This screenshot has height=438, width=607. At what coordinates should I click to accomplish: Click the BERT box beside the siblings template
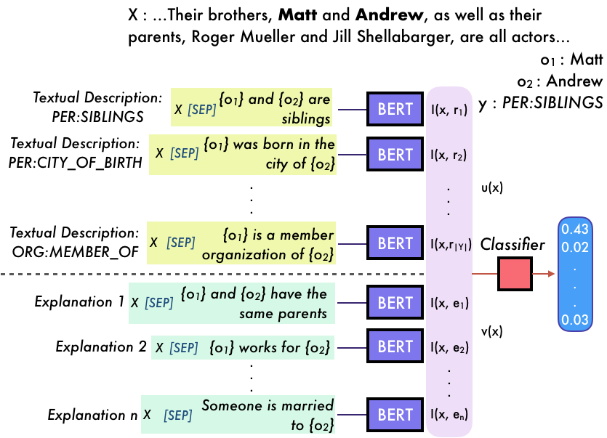pos(395,110)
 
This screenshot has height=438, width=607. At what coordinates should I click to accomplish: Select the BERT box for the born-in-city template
pos(395,154)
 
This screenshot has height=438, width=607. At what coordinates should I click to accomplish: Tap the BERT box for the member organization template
pos(395,243)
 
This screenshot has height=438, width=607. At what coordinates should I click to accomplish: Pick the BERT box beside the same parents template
pos(395,303)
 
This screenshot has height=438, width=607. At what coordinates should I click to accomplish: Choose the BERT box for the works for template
pos(395,346)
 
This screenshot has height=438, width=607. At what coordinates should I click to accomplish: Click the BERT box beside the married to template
pos(395,415)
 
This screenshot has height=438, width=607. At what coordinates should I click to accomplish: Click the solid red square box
pos(515,274)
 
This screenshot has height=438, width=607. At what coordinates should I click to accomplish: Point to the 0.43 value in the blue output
pos(575,230)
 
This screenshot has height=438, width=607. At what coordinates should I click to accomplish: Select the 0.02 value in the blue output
pos(575,247)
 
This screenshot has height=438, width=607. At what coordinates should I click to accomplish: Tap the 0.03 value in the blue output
pos(575,320)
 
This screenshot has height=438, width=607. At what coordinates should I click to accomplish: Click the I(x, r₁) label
pos(448,110)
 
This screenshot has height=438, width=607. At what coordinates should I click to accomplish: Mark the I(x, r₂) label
pos(448,155)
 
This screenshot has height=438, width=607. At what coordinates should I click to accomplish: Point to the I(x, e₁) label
pos(448,304)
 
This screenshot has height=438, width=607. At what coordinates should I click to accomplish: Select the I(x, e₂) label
pos(448,347)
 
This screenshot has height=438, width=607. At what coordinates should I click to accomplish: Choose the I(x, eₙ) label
pos(448,415)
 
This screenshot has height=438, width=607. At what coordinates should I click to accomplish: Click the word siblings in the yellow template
pos(306,119)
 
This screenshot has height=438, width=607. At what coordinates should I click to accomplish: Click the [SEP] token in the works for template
pos(183,348)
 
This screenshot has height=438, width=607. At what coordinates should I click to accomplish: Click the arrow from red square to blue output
pos(543,274)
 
